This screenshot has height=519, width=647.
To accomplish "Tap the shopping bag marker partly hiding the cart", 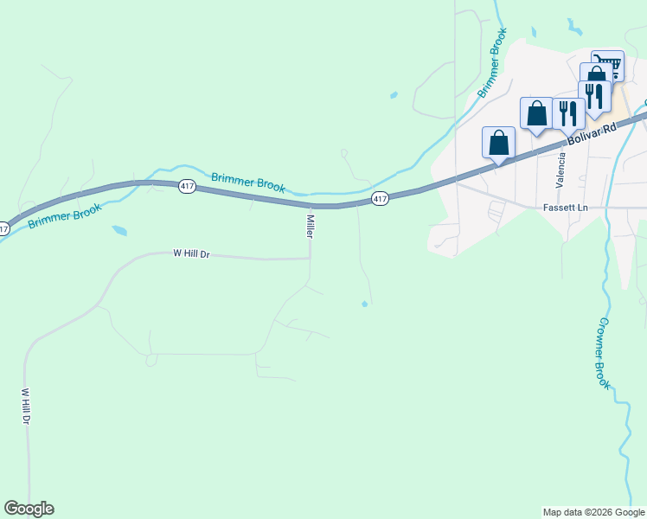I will [595, 76].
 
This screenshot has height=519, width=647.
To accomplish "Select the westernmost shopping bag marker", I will [499, 143].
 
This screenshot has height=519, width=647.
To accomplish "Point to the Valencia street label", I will [561, 170].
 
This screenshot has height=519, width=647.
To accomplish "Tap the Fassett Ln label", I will [566, 208].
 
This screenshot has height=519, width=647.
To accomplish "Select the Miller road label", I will [309, 227].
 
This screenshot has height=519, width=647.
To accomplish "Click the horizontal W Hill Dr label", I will [192, 254].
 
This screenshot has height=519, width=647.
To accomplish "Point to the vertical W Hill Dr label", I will [26, 406].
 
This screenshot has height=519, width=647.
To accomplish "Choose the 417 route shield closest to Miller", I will [380, 199].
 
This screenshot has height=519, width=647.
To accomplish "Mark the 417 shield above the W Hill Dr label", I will [187, 186].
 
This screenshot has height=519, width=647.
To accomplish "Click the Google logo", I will [29, 509].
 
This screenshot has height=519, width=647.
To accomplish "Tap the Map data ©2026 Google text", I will [593, 512].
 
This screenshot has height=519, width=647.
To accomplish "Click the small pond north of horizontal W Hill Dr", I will [119, 231].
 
